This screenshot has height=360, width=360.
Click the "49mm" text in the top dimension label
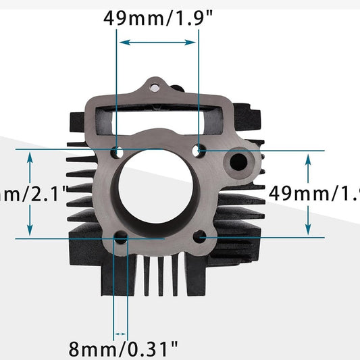click(130, 18)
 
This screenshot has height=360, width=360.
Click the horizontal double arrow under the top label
click(158, 43)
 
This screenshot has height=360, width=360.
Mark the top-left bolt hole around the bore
click(118, 150)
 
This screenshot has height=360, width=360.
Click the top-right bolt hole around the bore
click(199, 149)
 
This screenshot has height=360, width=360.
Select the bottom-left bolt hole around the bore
click(122, 238)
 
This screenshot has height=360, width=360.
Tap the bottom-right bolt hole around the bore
click(201, 237)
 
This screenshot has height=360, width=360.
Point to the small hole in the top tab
click(154, 87)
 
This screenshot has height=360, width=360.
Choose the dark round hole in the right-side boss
click(239, 162)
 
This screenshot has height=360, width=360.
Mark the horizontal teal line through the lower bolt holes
click(270, 237)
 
